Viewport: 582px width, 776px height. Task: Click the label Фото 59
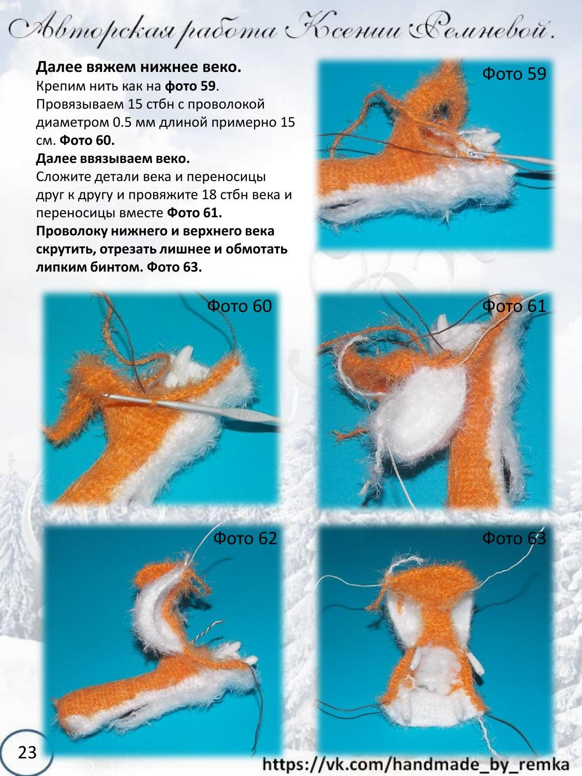click(514, 74)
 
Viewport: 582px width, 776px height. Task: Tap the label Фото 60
click(239, 306)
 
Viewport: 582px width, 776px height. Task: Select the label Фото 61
click(514, 306)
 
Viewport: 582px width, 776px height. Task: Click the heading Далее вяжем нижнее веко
click(139, 68)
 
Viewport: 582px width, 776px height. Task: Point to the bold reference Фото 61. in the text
click(195, 213)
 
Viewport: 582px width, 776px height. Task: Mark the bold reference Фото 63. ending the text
click(174, 267)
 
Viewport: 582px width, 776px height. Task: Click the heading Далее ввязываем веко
click(113, 158)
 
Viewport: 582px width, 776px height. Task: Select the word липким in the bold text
click(60, 267)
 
